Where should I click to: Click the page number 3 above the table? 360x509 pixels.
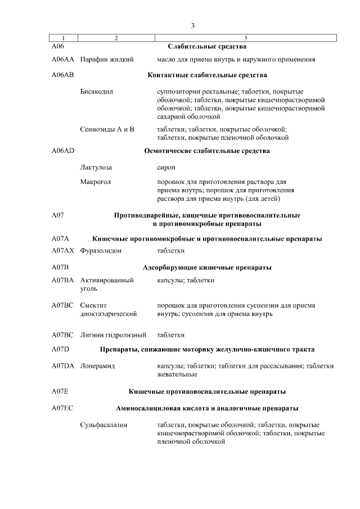click(x=193, y=25)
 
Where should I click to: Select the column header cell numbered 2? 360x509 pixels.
click(x=116, y=38)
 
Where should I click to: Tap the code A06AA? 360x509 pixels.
click(x=62, y=59)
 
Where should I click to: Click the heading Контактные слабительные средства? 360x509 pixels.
click(x=207, y=75)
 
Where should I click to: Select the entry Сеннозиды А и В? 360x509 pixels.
click(x=107, y=129)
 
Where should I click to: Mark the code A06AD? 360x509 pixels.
click(x=62, y=151)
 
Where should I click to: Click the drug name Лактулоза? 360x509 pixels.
click(x=96, y=168)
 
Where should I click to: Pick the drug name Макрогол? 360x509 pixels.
click(x=96, y=182)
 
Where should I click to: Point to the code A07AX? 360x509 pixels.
click(x=62, y=250)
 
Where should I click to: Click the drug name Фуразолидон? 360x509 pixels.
click(x=101, y=250)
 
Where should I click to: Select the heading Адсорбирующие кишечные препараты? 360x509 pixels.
click(x=207, y=267)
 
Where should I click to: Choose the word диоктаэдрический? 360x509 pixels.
click(x=109, y=314)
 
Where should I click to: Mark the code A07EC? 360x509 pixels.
click(x=62, y=408)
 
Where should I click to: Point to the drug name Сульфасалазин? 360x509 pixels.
click(x=103, y=425)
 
